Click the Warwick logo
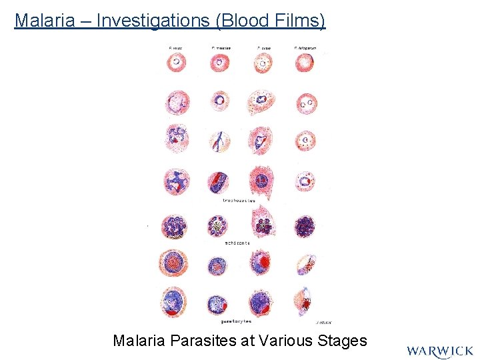(440, 351)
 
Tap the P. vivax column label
(177, 48)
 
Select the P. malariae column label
(221, 48)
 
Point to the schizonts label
(237, 243)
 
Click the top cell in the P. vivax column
(177, 63)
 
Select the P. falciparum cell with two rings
(307, 103)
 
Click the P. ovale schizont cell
(263, 223)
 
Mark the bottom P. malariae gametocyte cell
(219, 304)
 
